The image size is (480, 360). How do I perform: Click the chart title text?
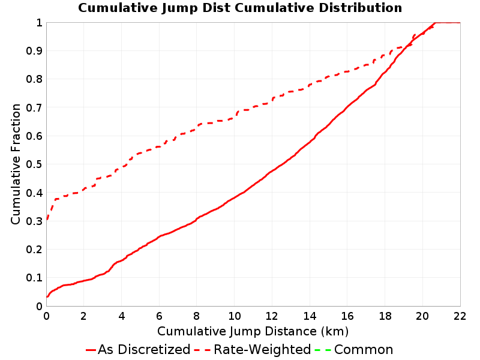240,8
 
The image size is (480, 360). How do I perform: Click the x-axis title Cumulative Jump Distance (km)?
253,331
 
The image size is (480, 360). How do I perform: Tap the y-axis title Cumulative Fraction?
16,164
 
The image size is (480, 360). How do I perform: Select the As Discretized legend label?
144,349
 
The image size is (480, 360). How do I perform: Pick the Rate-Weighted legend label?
262,349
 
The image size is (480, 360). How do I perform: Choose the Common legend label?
364,349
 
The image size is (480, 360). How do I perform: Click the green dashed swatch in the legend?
323,350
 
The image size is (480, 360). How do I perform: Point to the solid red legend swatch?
91,350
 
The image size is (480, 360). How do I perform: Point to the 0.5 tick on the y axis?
34,164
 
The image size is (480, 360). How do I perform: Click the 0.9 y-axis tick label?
34,51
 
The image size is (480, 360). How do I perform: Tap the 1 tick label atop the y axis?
39,23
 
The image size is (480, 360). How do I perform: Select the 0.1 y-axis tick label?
34,278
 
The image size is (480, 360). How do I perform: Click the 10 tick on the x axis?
234,316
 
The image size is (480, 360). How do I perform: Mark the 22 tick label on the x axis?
460,316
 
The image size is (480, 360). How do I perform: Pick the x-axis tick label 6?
159,316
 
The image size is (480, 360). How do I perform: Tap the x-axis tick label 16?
347,316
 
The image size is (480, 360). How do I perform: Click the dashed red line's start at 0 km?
47,220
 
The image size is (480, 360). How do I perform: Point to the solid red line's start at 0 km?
47,296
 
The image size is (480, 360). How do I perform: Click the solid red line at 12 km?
272,171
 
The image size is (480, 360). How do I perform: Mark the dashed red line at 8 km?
197,127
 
